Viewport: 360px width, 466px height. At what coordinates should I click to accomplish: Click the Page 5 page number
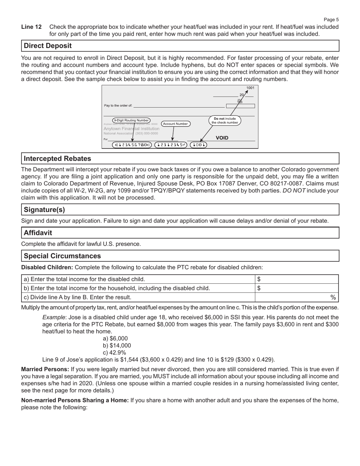click(331, 20)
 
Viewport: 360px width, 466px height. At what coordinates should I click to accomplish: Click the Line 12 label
click(31, 27)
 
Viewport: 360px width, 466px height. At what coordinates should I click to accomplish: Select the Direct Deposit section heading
click(48, 46)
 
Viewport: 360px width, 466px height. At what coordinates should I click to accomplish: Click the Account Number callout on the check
click(175, 124)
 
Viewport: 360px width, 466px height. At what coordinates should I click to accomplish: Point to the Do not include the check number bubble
click(225, 120)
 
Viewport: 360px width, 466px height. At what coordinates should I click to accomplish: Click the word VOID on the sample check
click(222, 138)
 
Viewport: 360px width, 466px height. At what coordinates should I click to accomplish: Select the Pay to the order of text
click(118, 106)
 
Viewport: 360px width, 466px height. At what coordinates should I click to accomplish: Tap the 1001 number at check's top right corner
click(250, 88)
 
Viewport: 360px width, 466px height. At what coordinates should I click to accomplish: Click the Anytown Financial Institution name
click(131, 129)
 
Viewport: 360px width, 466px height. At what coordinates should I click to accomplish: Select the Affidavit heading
click(38, 233)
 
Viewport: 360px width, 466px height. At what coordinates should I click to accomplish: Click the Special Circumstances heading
click(62, 256)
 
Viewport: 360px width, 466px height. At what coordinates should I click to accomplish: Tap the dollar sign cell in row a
click(259, 279)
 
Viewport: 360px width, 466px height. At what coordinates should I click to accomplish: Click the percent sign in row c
click(333, 297)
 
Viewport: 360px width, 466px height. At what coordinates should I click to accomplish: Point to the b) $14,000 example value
click(117, 346)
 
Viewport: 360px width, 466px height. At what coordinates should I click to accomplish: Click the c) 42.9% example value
click(114, 352)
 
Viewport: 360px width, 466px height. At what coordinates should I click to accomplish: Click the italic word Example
click(53, 317)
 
